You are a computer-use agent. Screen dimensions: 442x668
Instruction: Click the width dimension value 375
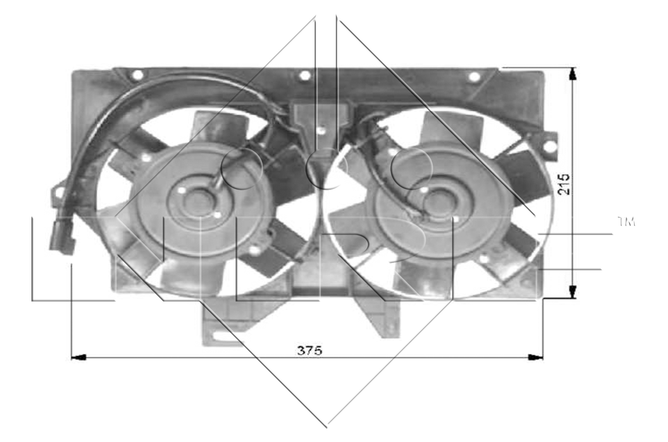pos(310,351)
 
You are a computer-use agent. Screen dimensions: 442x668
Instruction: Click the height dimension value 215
pos(564,184)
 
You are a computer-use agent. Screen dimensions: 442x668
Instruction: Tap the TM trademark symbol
pos(626,221)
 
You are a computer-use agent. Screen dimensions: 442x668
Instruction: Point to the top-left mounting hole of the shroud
pos(138,75)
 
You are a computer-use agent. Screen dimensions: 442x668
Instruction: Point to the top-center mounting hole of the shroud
pos(304,76)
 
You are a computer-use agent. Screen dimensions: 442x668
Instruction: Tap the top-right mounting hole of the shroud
pos(474,77)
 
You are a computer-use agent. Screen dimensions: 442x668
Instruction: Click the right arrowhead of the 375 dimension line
pos(536,357)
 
